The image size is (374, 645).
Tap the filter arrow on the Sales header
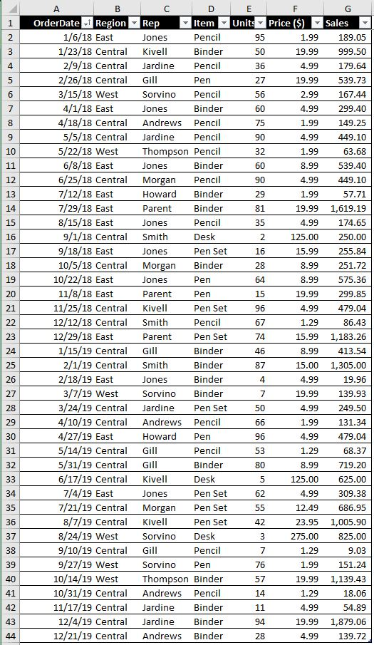pos(365,23)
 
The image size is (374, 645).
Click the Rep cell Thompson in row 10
pos(165,151)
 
